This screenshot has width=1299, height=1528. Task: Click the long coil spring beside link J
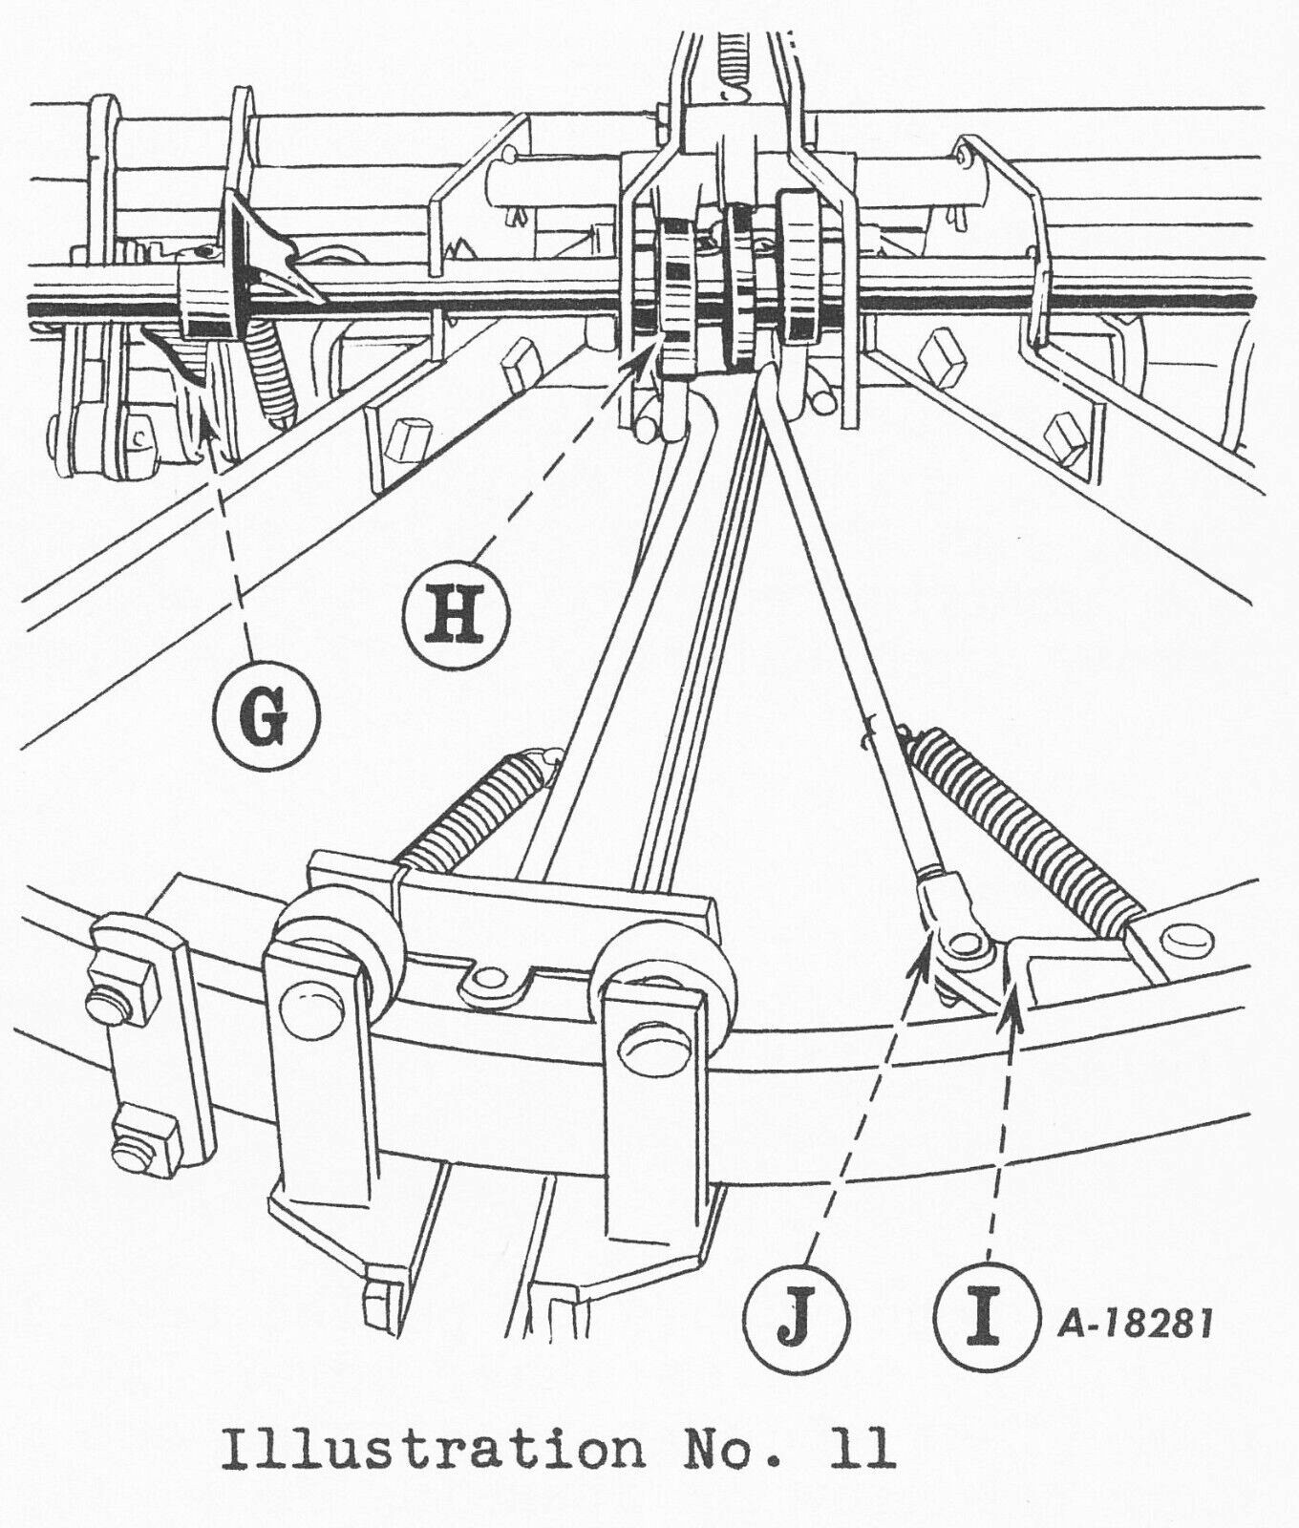point(1018,827)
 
